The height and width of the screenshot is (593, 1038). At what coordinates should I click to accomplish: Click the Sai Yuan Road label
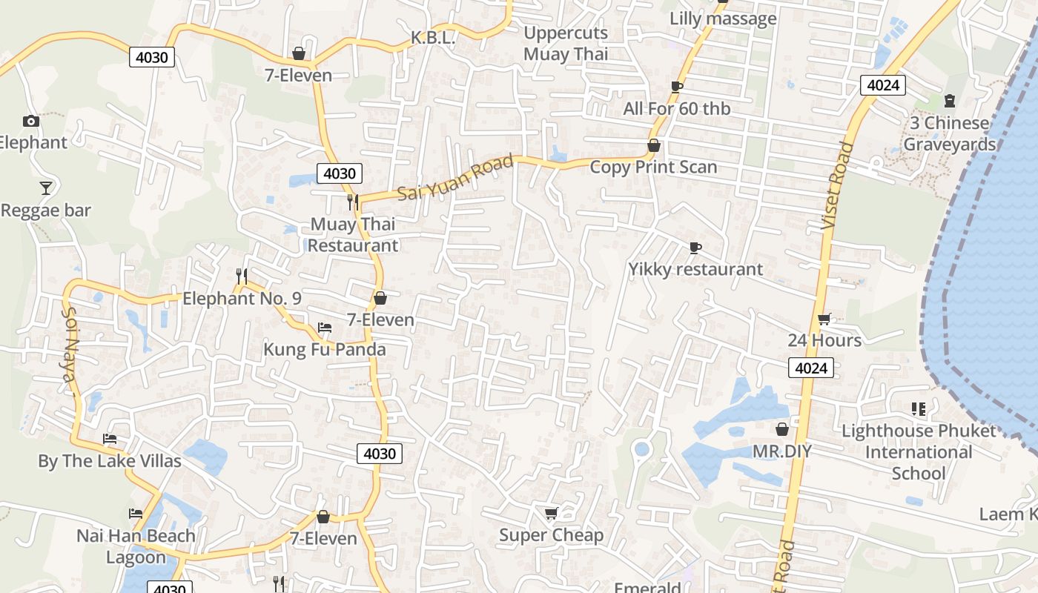455,178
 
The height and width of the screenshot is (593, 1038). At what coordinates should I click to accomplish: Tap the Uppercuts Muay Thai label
566,43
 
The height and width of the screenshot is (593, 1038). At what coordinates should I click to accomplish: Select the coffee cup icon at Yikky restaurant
695,248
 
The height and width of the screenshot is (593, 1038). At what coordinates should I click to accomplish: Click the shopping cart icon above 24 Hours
824,319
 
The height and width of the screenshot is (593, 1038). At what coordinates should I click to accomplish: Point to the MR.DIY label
782,451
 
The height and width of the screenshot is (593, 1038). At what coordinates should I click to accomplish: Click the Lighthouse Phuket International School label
919,452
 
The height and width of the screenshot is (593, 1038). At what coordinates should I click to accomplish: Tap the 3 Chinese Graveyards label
949,133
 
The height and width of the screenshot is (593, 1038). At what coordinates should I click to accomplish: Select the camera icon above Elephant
31,121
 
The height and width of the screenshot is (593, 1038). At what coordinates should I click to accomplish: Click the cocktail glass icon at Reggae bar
46,188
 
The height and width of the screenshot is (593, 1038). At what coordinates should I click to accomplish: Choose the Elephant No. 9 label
242,299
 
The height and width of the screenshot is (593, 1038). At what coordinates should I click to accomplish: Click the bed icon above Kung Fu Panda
324,328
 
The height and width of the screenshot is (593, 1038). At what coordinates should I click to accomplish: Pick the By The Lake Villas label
110,461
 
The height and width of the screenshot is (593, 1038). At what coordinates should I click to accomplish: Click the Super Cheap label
551,535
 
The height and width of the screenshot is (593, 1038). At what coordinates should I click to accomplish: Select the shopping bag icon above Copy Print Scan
653,145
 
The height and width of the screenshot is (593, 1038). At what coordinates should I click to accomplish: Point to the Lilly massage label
723,19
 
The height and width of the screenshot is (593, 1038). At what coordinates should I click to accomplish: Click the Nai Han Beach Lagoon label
136,546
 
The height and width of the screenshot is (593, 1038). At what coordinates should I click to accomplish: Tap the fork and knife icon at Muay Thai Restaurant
353,202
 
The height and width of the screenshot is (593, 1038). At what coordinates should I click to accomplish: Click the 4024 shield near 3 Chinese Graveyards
883,85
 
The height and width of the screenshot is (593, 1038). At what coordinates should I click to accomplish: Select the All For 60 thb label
676,109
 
